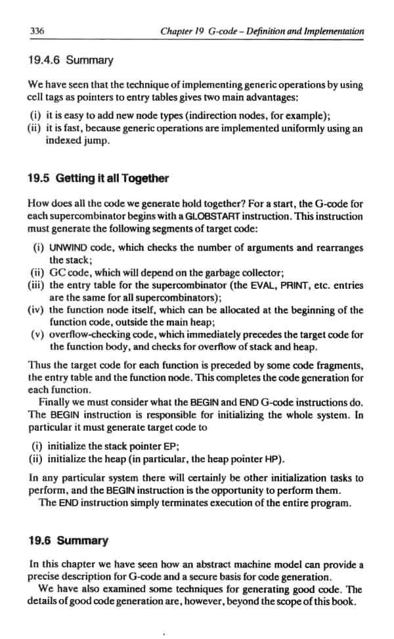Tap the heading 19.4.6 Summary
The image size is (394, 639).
click(x=70, y=60)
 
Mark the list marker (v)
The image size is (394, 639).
click(x=38, y=335)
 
